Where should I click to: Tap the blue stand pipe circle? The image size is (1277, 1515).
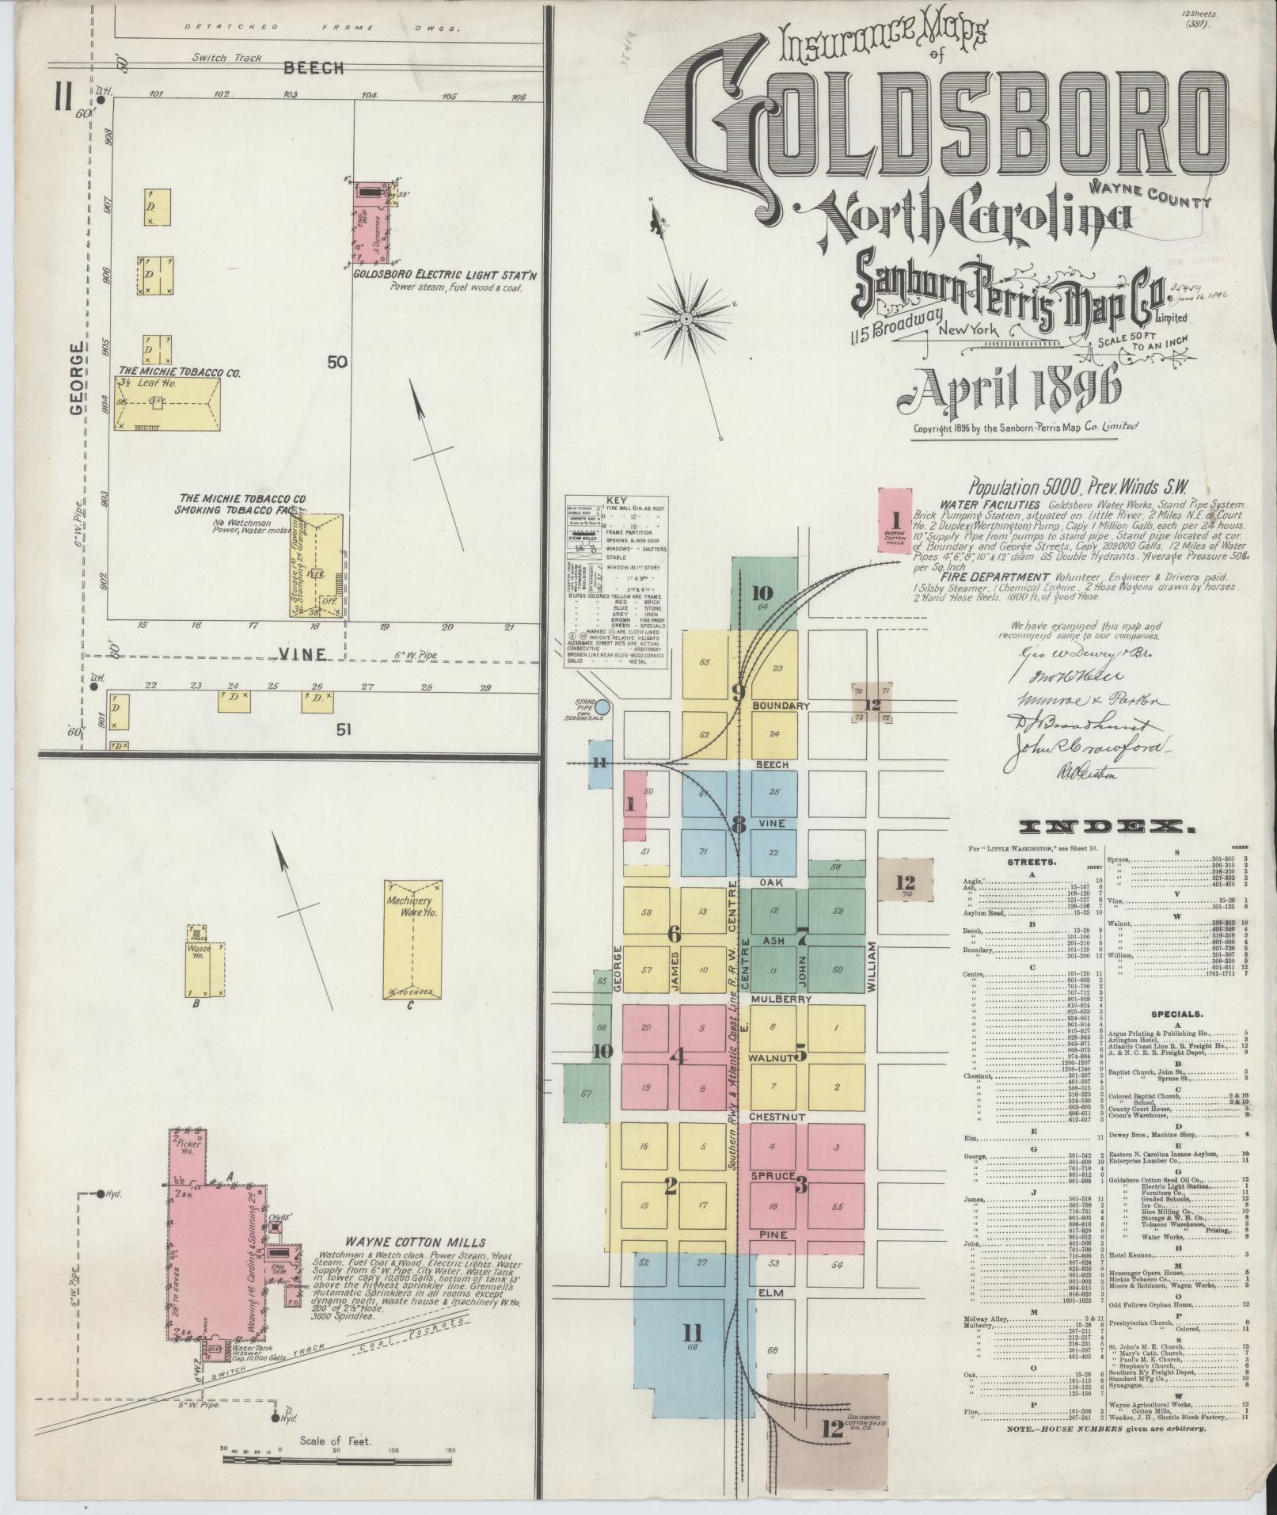pos(602,707)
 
